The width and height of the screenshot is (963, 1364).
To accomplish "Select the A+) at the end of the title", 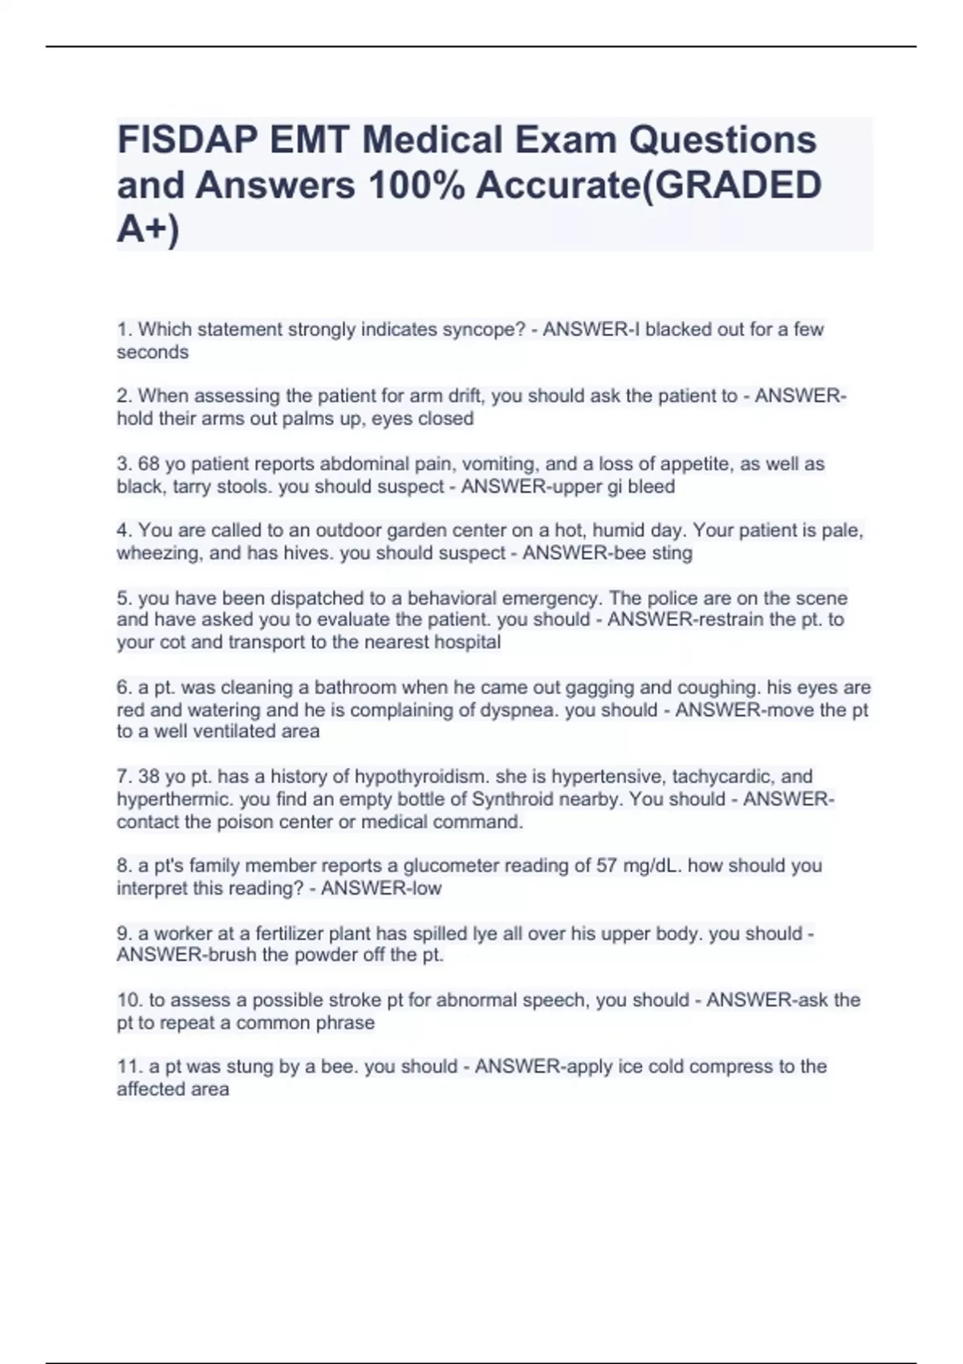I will pos(148,230).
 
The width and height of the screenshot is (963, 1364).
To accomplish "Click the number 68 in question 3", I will pos(149,464).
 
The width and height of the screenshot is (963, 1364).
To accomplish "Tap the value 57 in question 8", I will pos(606,866).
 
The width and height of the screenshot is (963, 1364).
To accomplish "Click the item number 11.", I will pos(128,1066).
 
